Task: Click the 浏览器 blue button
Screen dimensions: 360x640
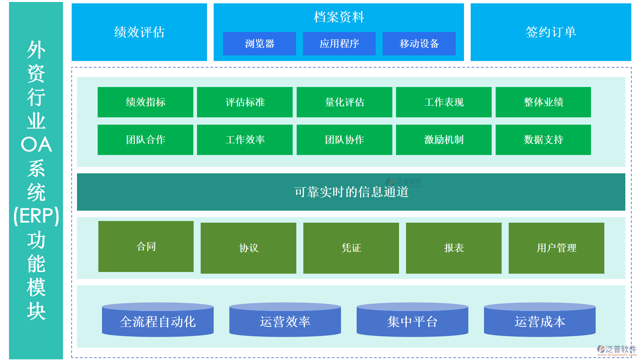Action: point(259,44)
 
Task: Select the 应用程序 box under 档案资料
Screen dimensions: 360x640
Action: point(339,44)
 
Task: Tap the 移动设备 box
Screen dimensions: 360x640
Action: point(419,44)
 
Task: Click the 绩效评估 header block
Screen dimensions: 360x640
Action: point(139,32)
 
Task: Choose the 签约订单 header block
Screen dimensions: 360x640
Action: point(551,32)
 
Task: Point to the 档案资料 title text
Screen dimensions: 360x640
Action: point(339,17)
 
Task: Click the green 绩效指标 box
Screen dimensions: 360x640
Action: point(145,102)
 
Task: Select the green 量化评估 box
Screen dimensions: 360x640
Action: point(344,102)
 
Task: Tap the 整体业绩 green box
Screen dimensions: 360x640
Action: point(543,102)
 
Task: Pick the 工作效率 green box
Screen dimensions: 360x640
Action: point(245,140)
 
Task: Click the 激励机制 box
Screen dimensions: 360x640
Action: point(444,140)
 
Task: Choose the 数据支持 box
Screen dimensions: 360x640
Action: point(543,140)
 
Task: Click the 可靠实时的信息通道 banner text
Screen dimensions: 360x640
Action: point(351,192)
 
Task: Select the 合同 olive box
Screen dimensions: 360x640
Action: point(146,247)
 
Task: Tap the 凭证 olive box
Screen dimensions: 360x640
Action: point(351,248)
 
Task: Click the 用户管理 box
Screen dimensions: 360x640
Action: point(556,248)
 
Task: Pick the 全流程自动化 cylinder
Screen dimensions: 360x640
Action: point(158,321)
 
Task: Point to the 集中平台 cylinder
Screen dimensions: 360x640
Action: point(412,321)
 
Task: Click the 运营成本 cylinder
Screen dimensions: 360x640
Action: point(540,321)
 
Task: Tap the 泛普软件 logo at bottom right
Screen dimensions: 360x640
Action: point(616,350)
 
